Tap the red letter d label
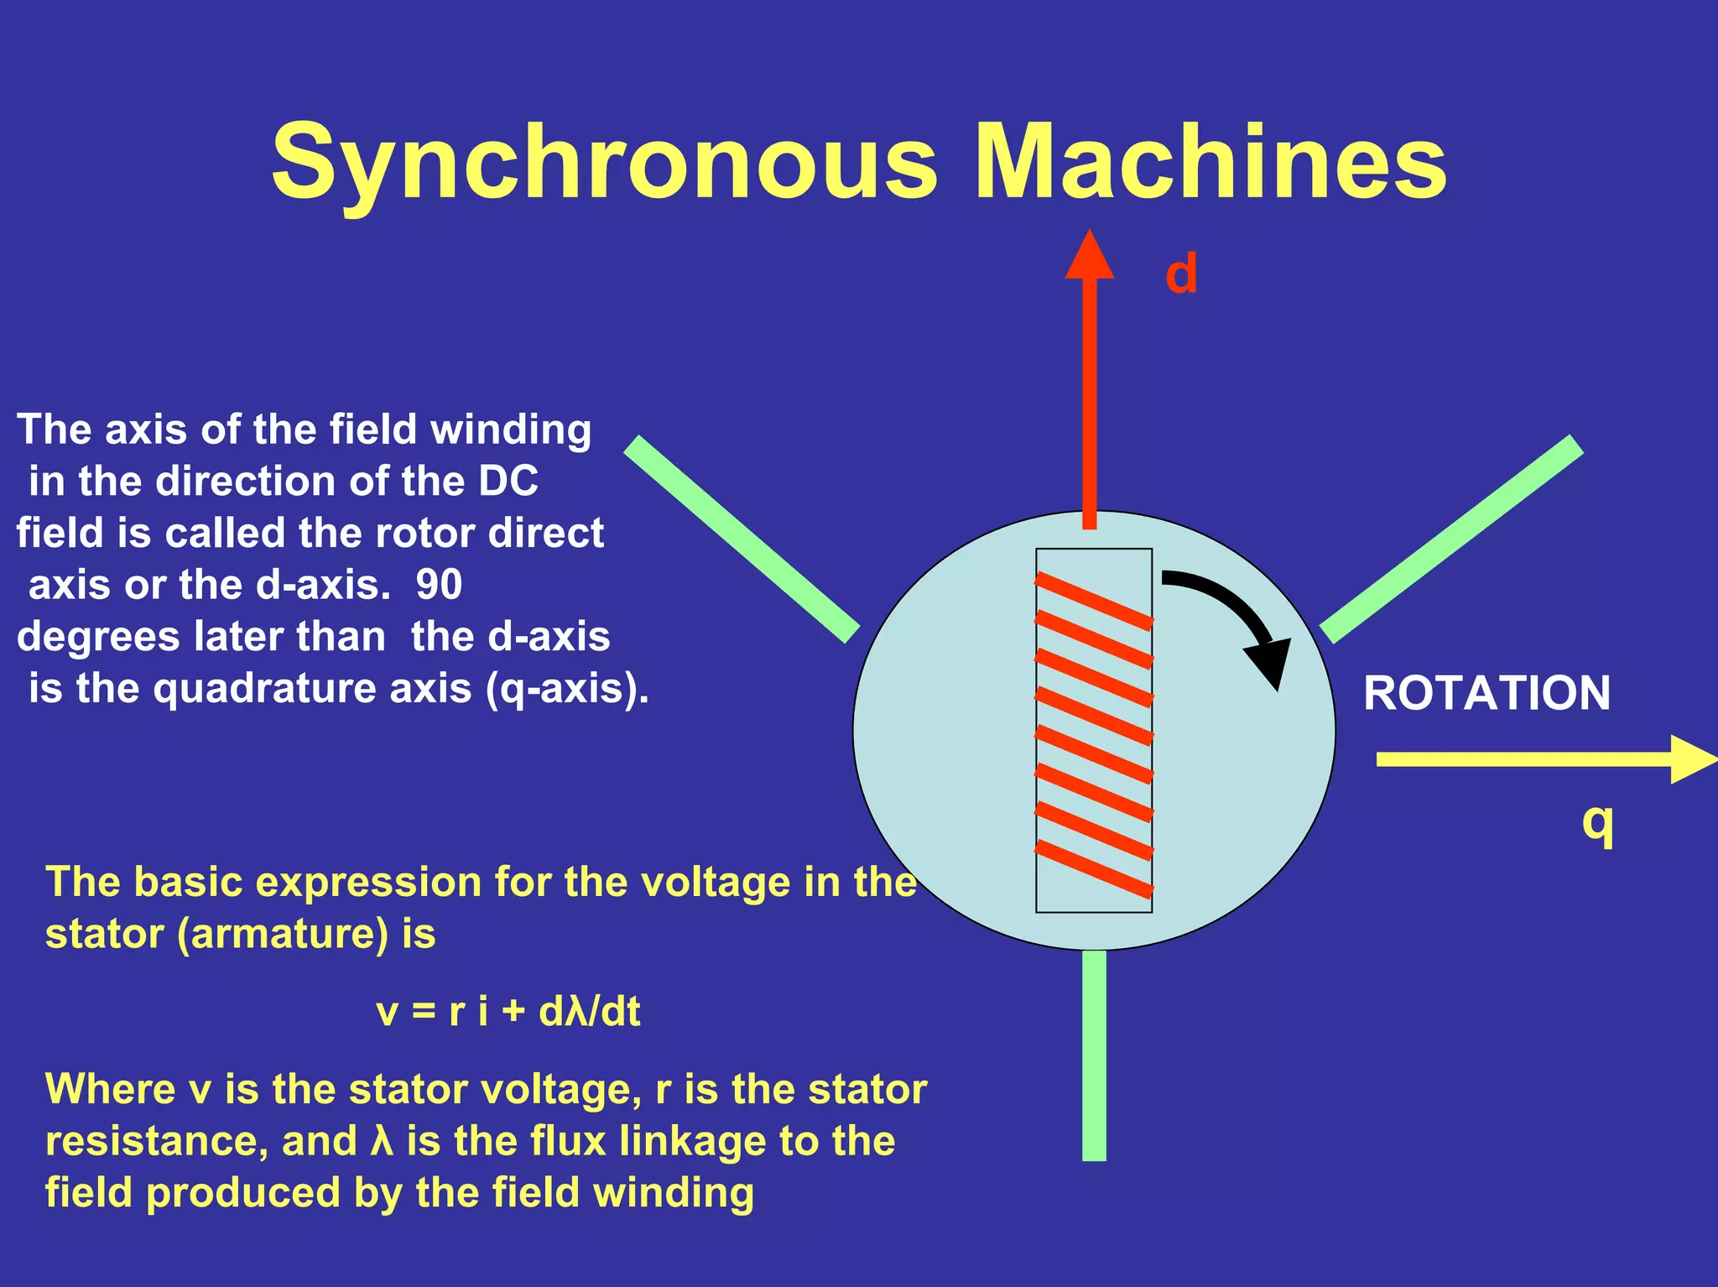click(1181, 274)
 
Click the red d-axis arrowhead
click(1089, 255)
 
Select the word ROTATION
click(1486, 693)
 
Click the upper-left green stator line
click(742, 539)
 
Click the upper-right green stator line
click(1452, 539)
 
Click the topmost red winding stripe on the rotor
click(1094, 601)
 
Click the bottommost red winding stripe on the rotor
click(1094, 869)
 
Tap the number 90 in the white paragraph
click(439, 585)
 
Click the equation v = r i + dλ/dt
click(508, 1011)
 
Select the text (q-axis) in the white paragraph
click(567, 689)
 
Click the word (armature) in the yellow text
click(283, 934)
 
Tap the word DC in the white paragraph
click(508, 482)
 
